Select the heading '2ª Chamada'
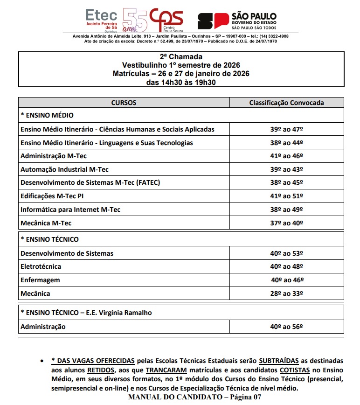[x=181, y=57]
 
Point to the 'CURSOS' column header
[x=124, y=103]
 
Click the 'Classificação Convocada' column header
[x=286, y=103]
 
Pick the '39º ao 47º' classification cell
[x=286, y=129]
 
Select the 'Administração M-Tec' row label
[x=54, y=156]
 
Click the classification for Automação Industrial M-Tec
[x=286, y=169]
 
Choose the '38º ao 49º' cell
[x=286, y=209]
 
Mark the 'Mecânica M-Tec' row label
[x=46, y=223]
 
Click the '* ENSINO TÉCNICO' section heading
[x=49, y=239]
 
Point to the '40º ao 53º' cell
[x=286, y=253]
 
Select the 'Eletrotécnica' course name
[x=41, y=266]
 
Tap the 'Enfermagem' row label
[x=40, y=280]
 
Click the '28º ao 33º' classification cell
[x=286, y=293]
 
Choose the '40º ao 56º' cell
[x=286, y=327]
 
